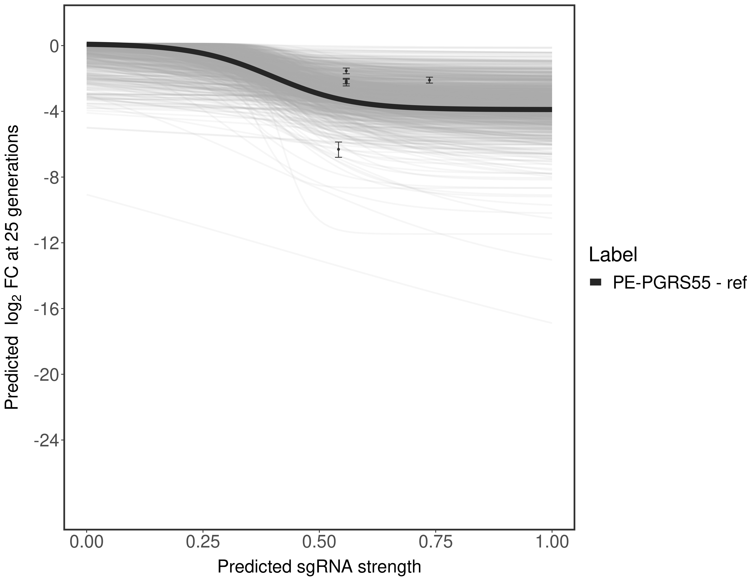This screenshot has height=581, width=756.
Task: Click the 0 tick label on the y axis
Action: click(x=54, y=46)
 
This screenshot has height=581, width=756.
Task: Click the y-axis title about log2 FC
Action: click(x=12, y=267)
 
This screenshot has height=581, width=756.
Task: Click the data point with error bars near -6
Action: click(x=338, y=149)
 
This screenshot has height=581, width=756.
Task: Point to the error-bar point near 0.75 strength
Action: click(x=429, y=80)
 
